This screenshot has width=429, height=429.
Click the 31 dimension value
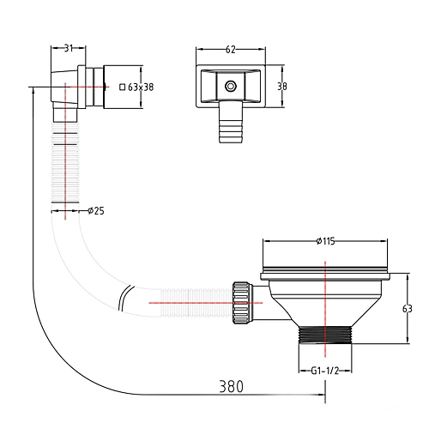tap(68, 48)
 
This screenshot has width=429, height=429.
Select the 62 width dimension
tap(231, 50)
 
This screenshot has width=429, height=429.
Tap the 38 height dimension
tap(282, 87)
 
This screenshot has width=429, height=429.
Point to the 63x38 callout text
tap(141, 87)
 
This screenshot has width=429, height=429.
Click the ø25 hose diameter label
tap(96, 211)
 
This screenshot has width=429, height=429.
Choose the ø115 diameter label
tap(326, 241)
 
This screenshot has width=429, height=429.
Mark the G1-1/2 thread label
tap(325, 371)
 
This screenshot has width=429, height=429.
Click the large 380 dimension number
tap(231, 386)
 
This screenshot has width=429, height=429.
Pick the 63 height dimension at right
tap(408, 309)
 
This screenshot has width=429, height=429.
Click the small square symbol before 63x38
tap(123, 87)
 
